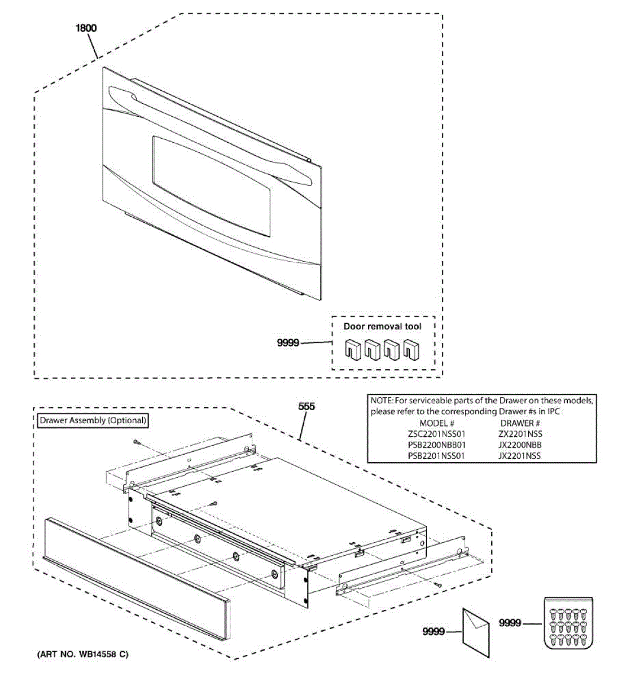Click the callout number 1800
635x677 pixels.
click(x=86, y=28)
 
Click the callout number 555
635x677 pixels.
click(x=306, y=406)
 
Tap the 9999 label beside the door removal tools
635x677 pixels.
click(x=288, y=342)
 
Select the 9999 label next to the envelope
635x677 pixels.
click(x=433, y=632)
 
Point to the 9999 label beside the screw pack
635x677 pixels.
click(x=510, y=623)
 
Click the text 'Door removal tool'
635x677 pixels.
click(x=382, y=327)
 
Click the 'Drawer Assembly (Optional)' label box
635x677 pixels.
click(x=93, y=420)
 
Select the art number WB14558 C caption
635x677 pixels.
click(x=83, y=654)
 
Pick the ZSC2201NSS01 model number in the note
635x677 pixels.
click(x=436, y=434)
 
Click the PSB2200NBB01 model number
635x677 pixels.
click(x=436, y=445)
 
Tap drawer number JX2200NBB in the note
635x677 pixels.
click(x=520, y=445)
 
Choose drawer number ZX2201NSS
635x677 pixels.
click(x=520, y=434)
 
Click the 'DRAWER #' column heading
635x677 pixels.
click(x=520, y=423)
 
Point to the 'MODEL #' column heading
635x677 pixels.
click(x=436, y=423)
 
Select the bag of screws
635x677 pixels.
click(x=569, y=623)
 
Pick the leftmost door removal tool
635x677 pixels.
click(x=353, y=350)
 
